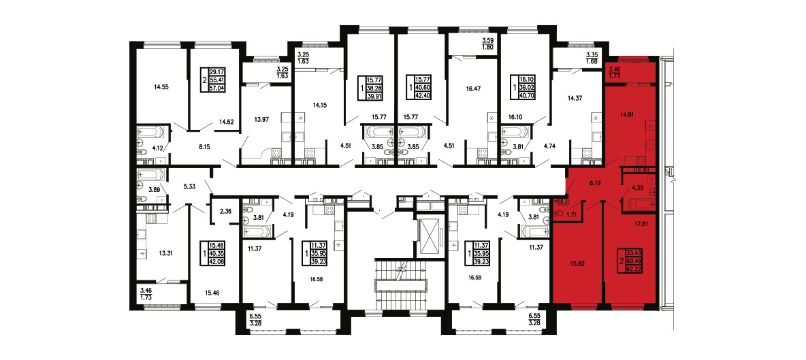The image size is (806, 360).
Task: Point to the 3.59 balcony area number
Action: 487,41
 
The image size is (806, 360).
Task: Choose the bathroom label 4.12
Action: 157,148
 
